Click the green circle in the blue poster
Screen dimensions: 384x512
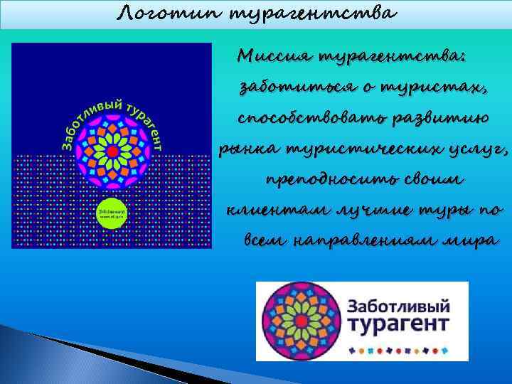tap(112, 213)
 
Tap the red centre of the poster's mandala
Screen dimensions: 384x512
tap(112, 151)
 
